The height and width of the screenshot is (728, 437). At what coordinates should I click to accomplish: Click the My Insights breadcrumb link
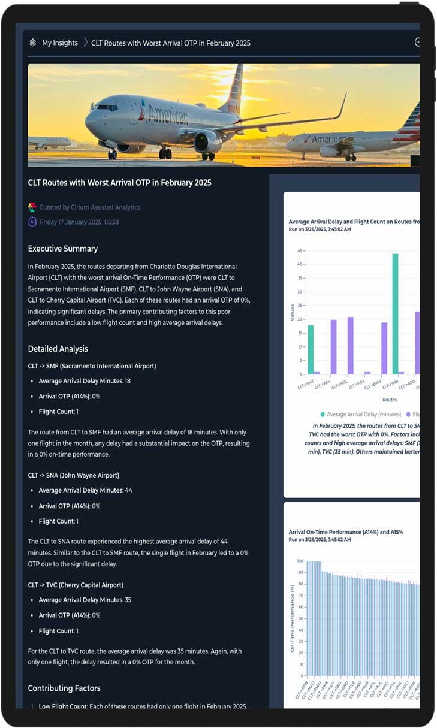click(x=60, y=43)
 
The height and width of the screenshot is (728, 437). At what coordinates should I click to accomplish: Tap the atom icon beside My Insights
click(x=33, y=43)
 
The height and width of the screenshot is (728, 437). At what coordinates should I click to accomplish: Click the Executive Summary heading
click(x=63, y=249)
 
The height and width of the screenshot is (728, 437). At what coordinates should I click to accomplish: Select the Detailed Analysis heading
click(x=58, y=349)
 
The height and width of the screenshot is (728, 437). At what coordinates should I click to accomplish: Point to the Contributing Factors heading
click(x=64, y=688)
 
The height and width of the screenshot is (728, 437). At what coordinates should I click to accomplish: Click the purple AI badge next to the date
click(x=32, y=222)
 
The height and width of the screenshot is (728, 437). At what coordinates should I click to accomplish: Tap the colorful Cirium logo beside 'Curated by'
click(x=32, y=207)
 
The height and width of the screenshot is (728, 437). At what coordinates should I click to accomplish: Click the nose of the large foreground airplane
click(x=88, y=120)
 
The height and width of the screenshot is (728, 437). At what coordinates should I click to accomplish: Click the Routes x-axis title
click(x=390, y=400)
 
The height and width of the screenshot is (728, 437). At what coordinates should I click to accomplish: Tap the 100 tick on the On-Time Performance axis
click(x=300, y=561)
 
